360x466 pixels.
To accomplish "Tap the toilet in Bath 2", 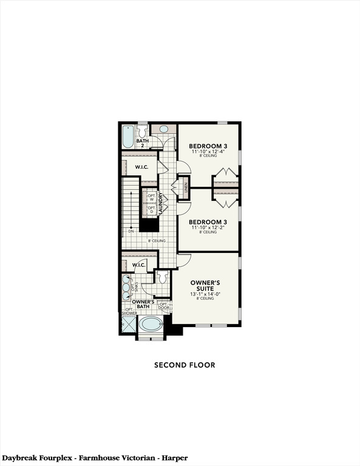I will tap(142, 131).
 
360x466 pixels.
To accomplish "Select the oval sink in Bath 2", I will tap(163, 129).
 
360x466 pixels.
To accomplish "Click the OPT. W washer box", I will tap(151, 197).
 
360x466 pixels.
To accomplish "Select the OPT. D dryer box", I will tap(151, 210).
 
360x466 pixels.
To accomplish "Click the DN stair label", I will tap(131, 231).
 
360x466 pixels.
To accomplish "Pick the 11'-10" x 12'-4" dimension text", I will tap(208, 152).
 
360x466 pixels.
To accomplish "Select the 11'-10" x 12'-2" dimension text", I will tap(208, 228).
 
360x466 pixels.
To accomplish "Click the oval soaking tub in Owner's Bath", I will tap(151, 324).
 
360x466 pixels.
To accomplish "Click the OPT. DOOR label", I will tap(163, 306).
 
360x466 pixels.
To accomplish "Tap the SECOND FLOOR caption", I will tap(184, 365).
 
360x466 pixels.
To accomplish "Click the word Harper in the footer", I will tap(174, 457).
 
